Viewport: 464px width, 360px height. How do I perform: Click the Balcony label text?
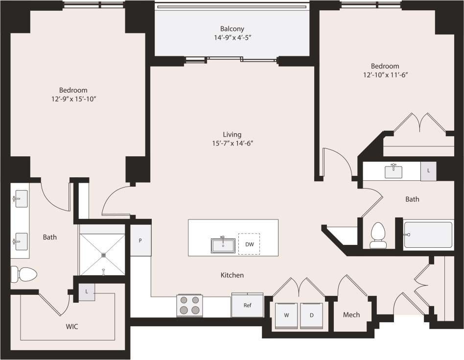(x=232, y=29)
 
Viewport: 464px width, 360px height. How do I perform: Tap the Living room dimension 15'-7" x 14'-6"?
(x=232, y=143)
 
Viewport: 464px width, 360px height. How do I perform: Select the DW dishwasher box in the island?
(x=249, y=244)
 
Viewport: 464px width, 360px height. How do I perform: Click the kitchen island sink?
(x=223, y=245)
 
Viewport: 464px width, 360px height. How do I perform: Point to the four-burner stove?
(x=189, y=305)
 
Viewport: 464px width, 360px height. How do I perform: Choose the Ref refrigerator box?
(x=248, y=305)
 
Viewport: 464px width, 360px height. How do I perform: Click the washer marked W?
(x=286, y=315)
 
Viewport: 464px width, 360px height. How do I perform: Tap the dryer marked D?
(x=311, y=315)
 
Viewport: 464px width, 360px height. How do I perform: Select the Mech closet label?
(x=351, y=314)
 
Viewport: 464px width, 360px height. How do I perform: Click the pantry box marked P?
(x=140, y=240)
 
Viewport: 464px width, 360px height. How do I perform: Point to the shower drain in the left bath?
(x=103, y=255)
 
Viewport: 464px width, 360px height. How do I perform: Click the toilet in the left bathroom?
(x=23, y=274)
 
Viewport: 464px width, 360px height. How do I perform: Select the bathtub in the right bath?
(x=428, y=235)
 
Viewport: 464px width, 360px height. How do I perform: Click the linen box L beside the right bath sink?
(x=428, y=171)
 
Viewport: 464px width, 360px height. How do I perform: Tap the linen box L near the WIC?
(x=87, y=291)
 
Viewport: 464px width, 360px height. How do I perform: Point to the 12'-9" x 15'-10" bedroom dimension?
(x=73, y=99)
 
